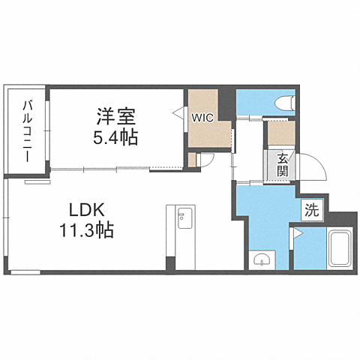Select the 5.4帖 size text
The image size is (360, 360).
pos(115,138)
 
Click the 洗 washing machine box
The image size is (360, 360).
pos(311,211)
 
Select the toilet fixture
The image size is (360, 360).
pos(284,103)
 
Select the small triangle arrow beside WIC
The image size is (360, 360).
pos(178,113)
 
